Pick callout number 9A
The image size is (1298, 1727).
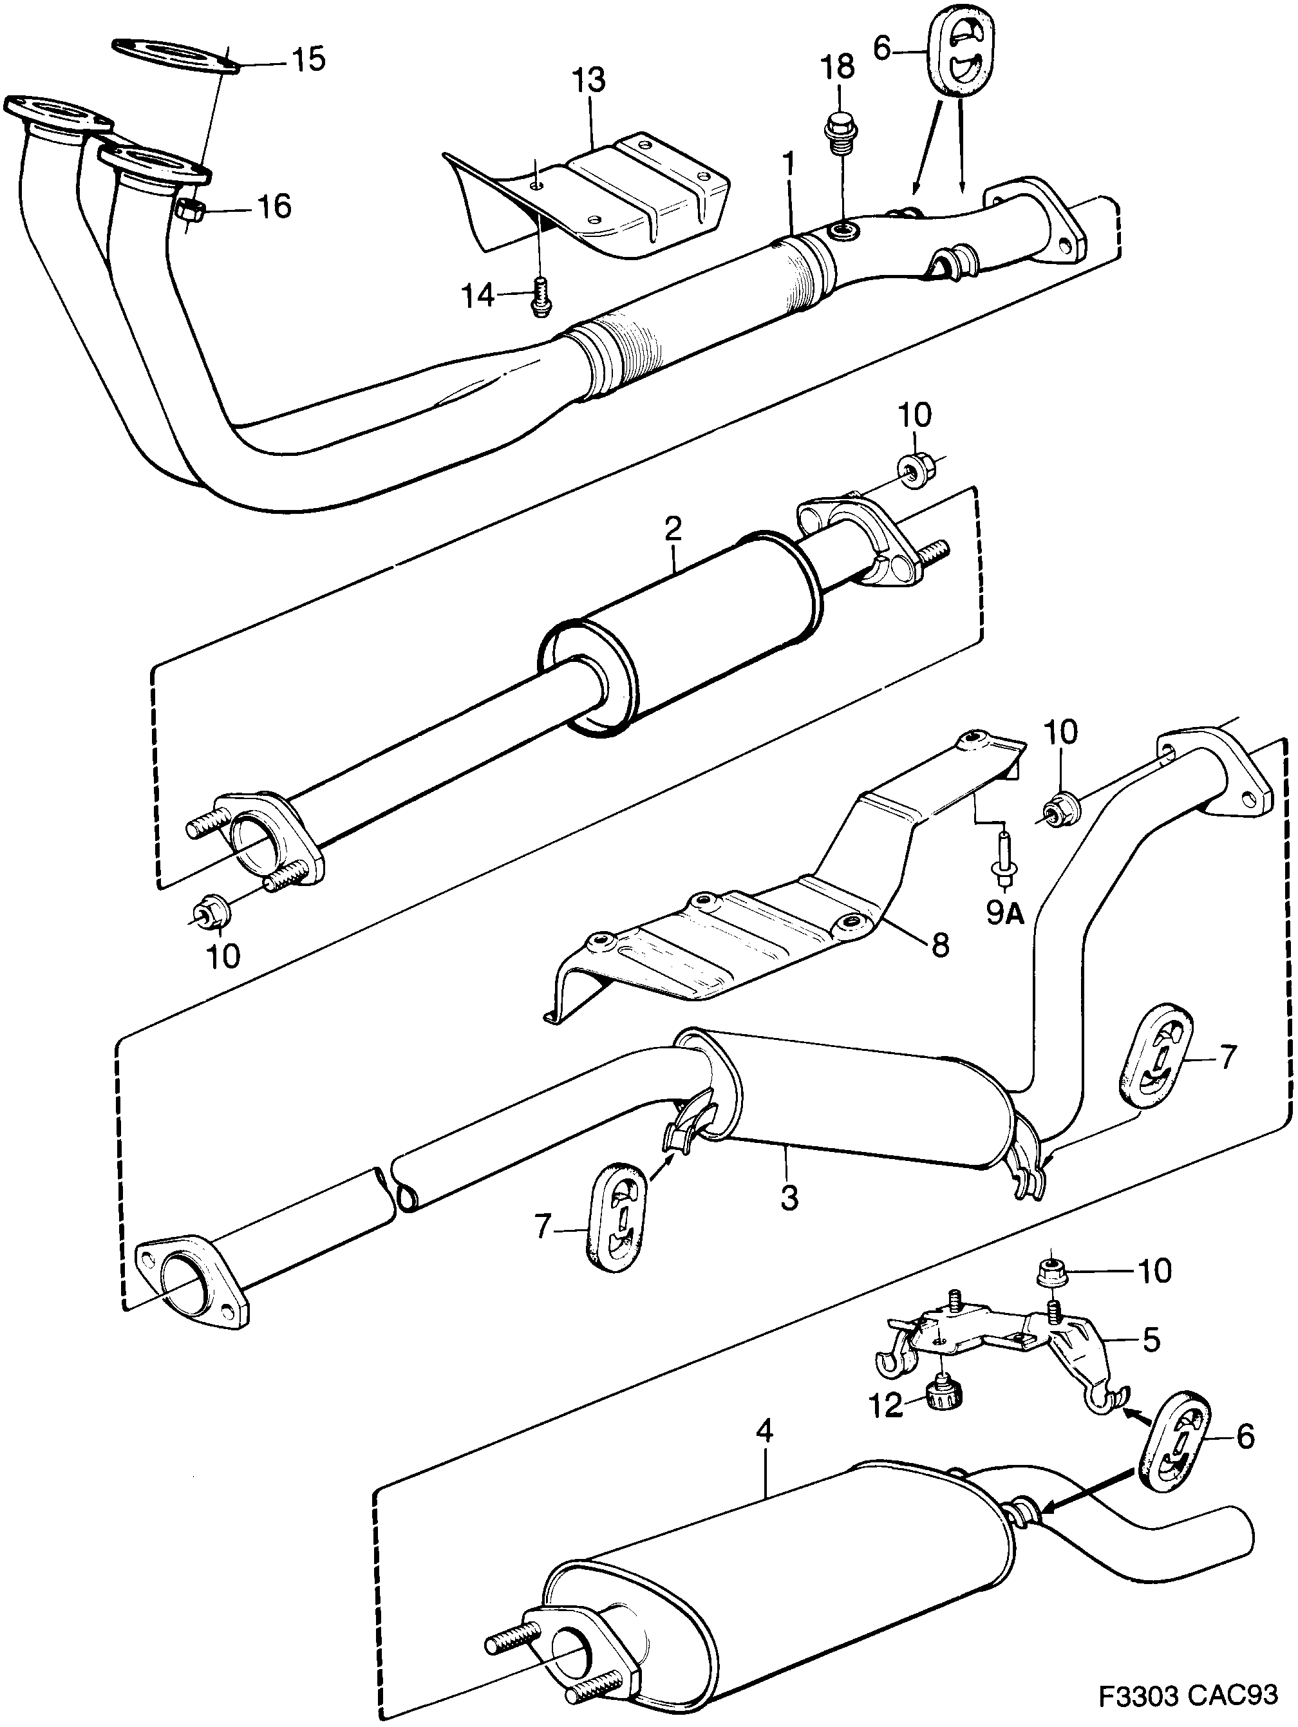coord(1004,916)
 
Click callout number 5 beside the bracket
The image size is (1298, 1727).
coord(1151,1340)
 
